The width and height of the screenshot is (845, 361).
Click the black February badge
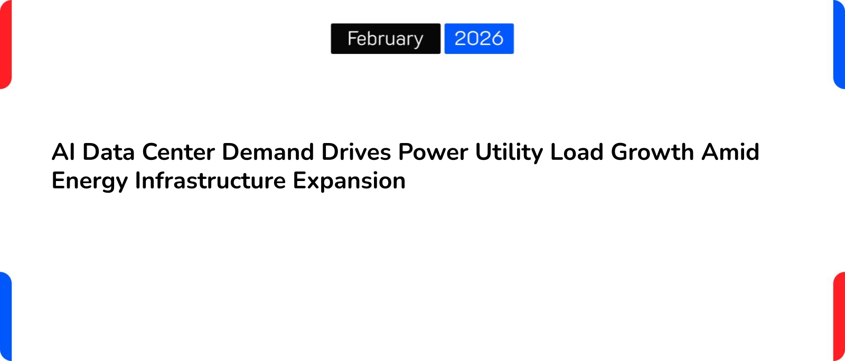pos(386,39)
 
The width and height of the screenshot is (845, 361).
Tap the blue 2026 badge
pos(479,39)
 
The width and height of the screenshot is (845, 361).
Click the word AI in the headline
pos(63,152)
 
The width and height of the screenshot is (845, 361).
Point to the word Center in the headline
pos(179,152)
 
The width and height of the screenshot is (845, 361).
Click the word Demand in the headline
pos(268,152)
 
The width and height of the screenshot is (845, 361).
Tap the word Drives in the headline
pos(356,152)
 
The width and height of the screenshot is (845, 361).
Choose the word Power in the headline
pos(433,152)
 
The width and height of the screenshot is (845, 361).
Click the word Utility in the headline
pos(509,152)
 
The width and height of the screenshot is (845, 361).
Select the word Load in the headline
pos(577,152)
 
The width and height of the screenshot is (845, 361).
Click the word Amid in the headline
pos(730,152)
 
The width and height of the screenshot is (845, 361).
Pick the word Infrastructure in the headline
pos(211,181)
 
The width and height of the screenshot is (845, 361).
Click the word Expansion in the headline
pos(349,181)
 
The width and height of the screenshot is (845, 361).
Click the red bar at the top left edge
pos(5,44)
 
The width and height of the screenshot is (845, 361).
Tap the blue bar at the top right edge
pos(839,44)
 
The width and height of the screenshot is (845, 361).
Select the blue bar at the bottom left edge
pos(5,317)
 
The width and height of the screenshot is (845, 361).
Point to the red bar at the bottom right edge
pos(839,317)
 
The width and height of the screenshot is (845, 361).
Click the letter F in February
pos(352,38)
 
